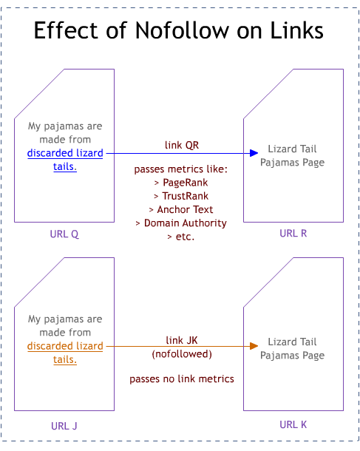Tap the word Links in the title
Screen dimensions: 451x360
tap(291, 30)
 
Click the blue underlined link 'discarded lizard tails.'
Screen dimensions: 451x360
tap(65, 160)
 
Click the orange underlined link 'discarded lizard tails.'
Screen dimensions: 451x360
tap(65, 352)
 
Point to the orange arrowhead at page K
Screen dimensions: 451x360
tap(252, 346)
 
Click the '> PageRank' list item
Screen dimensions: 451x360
tap(181, 183)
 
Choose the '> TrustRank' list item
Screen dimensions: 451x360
tap(181, 196)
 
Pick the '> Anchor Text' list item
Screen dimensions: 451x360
tap(181, 209)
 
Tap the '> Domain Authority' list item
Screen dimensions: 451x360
tap(181, 223)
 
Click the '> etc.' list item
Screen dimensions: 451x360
tap(181, 236)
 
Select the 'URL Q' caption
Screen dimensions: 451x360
tap(65, 234)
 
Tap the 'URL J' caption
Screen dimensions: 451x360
tap(65, 425)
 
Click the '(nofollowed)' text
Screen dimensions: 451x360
tap(181, 353)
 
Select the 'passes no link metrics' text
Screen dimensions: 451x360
tap(181, 379)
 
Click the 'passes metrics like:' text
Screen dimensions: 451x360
tap(181, 169)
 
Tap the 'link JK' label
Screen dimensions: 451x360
tap(181, 340)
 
